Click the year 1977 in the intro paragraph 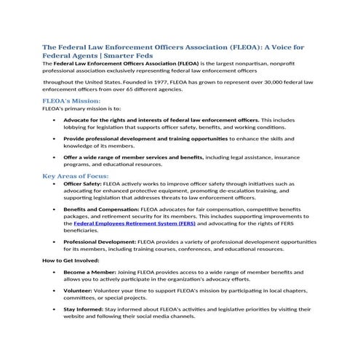point(169,83)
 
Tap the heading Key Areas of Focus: point(76,176)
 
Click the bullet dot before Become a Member point(55,271)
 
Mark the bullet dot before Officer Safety point(55,185)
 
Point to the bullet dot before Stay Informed point(55,310)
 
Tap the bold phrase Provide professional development point(116,138)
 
